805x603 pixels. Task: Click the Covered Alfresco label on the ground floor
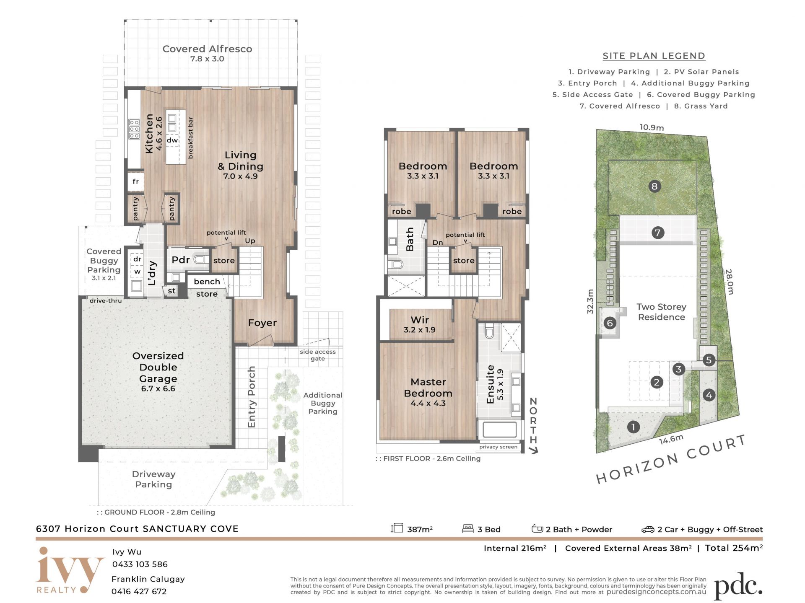pyautogui.click(x=207, y=53)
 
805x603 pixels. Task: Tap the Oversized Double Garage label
pyautogui.click(x=158, y=372)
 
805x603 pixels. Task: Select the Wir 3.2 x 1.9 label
pyautogui.click(x=420, y=325)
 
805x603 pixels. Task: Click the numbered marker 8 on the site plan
pyautogui.click(x=654, y=186)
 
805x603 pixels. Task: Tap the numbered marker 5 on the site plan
pyautogui.click(x=709, y=360)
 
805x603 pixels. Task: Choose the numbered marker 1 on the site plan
pyautogui.click(x=633, y=427)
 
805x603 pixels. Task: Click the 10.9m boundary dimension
pyautogui.click(x=652, y=127)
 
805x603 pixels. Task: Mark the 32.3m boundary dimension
pyautogui.click(x=590, y=301)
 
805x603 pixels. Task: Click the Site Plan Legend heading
pyautogui.click(x=654, y=56)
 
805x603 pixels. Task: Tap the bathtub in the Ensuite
pyautogui.click(x=500, y=430)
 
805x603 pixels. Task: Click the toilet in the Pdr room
pyautogui.click(x=201, y=259)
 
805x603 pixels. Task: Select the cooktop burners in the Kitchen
pyautogui.click(x=134, y=129)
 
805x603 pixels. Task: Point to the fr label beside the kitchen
pyautogui.click(x=135, y=181)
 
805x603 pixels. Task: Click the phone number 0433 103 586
pyautogui.click(x=140, y=564)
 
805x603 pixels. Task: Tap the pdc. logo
pyautogui.click(x=738, y=585)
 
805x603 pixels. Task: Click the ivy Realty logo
pyautogui.click(x=70, y=570)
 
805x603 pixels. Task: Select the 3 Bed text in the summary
pyautogui.click(x=489, y=529)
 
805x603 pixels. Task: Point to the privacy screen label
pyautogui.click(x=498, y=447)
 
